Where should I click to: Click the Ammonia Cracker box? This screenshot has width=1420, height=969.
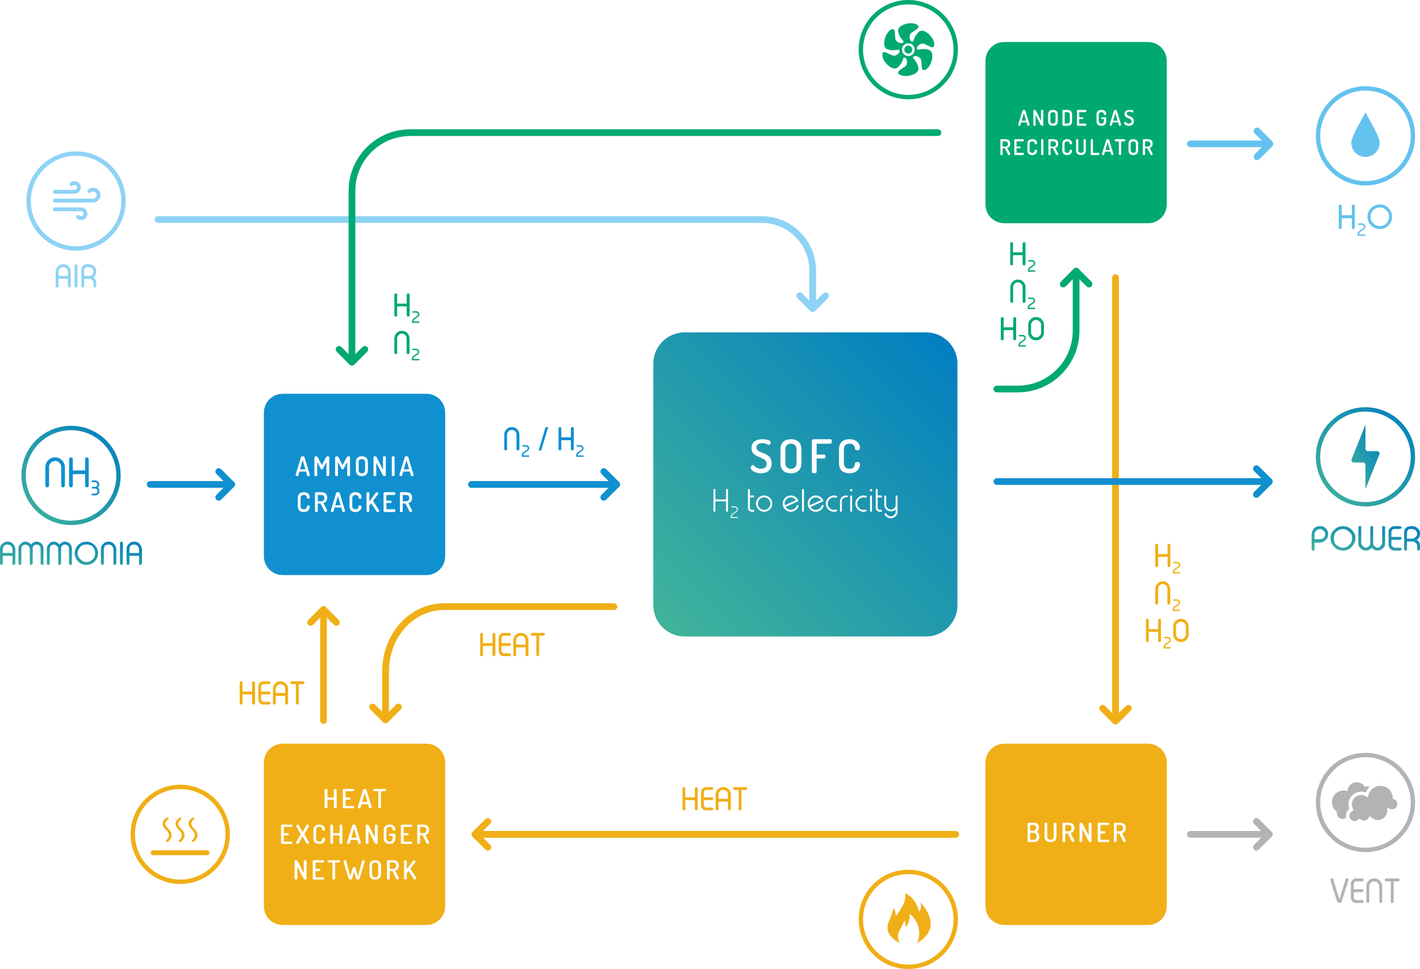(x=354, y=484)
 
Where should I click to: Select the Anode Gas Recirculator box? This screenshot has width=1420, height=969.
(x=1075, y=132)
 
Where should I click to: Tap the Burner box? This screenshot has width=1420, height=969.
(x=1075, y=833)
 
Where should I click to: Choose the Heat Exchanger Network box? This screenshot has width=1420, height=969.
(x=354, y=834)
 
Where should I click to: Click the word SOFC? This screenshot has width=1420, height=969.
(x=805, y=457)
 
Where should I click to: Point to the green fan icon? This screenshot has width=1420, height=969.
(x=908, y=49)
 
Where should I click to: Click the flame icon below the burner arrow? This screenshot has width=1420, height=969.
(x=908, y=919)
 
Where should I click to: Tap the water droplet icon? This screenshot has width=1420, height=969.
(x=1365, y=136)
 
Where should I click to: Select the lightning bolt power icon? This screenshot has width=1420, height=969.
(x=1365, y=457)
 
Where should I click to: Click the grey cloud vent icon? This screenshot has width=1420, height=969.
(x=1365, y=801)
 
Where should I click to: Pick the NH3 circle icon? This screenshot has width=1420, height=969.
(x=71, y=475)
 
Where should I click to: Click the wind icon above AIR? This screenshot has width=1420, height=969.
(x=76, y=201)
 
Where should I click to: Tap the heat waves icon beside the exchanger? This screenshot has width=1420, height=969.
(x=180, y=834)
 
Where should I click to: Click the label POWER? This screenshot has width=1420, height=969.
(x=1365, y=539)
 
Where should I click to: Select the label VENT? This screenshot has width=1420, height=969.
(x=1365, y=891)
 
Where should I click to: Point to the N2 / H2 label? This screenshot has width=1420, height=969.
(x=543, y=441)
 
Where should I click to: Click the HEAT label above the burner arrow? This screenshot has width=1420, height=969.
(x=713, y=799)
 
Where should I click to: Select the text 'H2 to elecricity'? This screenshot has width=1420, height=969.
(x=805, y=502)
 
